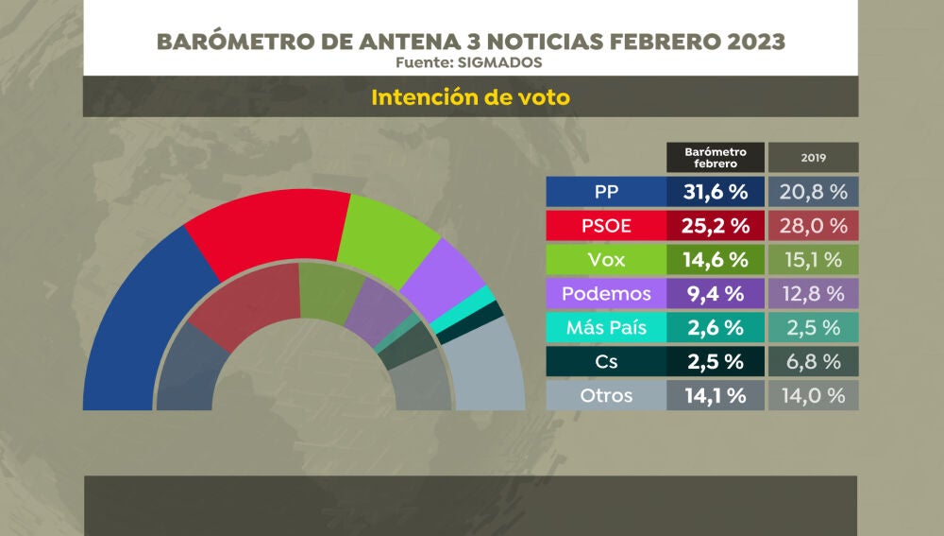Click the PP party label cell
(x=606, y=192)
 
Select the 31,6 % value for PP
(x=715, y=192)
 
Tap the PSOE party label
(x=606, y=226)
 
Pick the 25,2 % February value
(x=715, y=226)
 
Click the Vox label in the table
(x=606, y=260)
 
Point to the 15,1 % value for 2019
(x=813, y=260)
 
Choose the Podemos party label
(x=606, y=294)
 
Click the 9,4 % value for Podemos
(x=715, y=294)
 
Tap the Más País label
(x=606, y=328)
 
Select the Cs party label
(x=606, y=362)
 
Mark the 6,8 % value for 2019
(x=813, y=362)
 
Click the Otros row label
(x=606, y=396)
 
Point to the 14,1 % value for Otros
(x=715, y=396)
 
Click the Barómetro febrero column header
(x=715, y=157)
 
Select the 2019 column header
(x=813, y=157)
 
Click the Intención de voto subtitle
(x=470, y=97)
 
